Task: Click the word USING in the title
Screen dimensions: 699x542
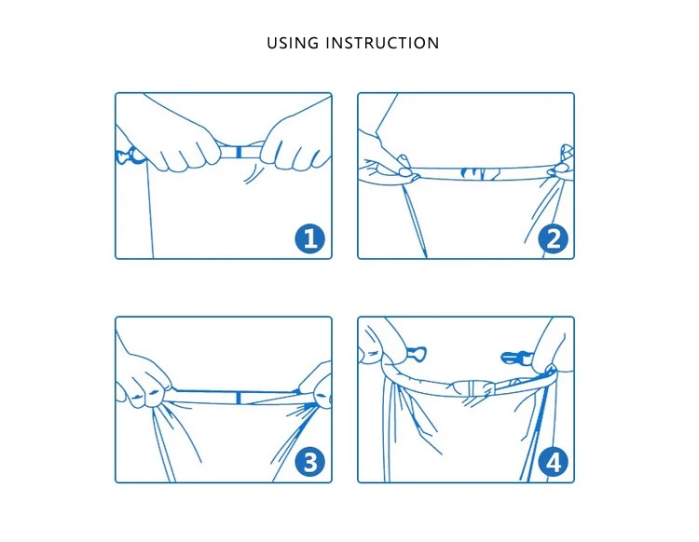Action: [293, 43]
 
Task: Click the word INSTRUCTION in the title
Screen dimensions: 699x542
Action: [382, 43]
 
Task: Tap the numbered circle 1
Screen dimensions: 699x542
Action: [309, 238]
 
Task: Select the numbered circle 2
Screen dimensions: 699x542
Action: [554, 238]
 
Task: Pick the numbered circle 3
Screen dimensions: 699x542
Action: [309, 462]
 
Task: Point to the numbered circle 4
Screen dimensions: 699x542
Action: [554, 463]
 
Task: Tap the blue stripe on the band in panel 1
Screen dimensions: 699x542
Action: [239, 152]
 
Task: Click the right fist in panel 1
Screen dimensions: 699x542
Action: [295, 142]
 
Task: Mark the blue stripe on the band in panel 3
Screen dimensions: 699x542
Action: [239, 398]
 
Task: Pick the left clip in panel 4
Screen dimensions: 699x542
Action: [417, 354]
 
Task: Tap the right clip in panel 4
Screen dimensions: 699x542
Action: [517, 358]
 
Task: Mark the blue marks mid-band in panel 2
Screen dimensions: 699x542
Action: [480, 173]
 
